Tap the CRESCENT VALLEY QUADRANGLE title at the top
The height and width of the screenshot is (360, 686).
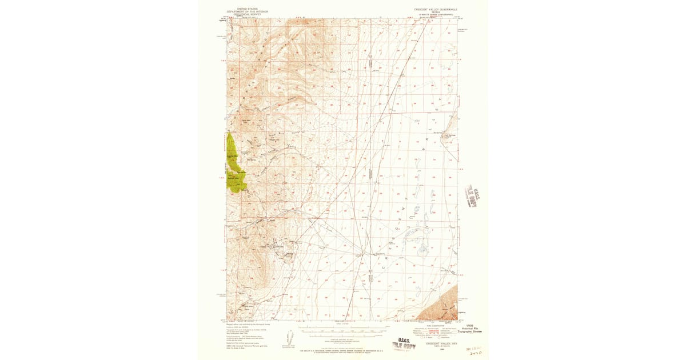436,10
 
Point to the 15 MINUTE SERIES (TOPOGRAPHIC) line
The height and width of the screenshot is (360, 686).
436,16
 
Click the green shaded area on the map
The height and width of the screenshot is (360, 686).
235,163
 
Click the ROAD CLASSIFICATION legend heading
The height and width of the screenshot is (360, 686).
436,326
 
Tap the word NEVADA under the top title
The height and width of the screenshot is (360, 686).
436,13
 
